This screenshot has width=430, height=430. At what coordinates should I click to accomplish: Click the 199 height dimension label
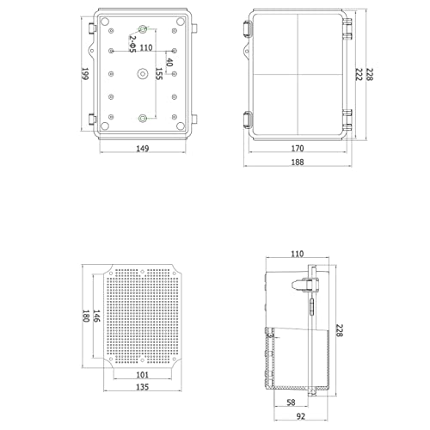coord(86,76)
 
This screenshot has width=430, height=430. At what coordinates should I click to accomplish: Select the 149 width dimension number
coord(143,149)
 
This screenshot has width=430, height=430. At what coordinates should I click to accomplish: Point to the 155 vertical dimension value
coord(159,80)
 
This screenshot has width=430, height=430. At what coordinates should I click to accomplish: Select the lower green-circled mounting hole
coord(144,118)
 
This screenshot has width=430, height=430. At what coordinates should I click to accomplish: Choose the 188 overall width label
coord(298,163)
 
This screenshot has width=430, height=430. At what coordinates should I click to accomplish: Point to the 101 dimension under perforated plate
coord(143,374)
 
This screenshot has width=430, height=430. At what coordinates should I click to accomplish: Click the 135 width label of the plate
coord(143,388)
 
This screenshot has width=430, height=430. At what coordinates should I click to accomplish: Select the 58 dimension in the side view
coord(292,402)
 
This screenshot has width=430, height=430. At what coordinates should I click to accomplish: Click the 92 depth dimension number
coord(298,416)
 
